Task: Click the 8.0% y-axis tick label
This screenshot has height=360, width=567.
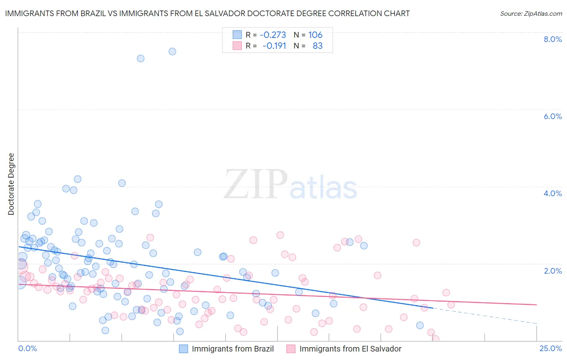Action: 552,39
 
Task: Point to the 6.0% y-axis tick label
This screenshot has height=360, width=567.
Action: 552,116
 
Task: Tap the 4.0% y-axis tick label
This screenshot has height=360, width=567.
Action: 552,193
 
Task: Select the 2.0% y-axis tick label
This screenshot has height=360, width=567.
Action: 552,271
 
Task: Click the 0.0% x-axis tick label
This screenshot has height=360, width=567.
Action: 27,349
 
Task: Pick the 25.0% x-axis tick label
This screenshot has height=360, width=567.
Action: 550,349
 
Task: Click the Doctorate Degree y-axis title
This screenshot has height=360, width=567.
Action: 11,184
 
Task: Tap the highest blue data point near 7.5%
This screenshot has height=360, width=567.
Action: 172,51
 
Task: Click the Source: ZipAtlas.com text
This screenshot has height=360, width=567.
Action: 531,13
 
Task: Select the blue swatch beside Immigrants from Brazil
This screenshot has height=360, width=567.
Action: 183,349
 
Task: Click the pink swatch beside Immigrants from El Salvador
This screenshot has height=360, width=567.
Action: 291,349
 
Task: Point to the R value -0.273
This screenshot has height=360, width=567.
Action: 273,35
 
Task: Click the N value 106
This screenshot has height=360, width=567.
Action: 315,35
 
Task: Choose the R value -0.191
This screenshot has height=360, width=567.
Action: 274,46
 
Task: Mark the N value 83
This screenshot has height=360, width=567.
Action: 317,46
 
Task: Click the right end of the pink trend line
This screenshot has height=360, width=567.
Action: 536,305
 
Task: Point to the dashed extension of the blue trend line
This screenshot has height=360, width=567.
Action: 484,316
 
